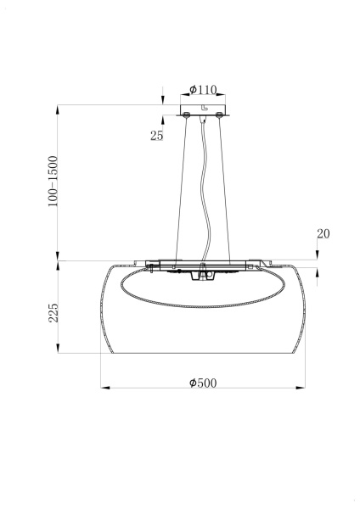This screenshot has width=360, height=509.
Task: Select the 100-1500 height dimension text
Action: [53, 182]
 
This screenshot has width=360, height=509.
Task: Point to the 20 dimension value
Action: [323, 233]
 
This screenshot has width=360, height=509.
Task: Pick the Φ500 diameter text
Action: [203, 382]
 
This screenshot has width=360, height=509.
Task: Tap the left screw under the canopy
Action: [185, 113]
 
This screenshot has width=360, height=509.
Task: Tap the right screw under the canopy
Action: [220, 113]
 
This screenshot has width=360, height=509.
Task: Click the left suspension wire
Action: [181, 187]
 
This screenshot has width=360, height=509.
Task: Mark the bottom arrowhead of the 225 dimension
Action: [58, 350]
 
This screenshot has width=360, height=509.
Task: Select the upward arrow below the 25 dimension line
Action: [161, 120]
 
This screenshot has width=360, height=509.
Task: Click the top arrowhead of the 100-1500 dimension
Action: [58, 109]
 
